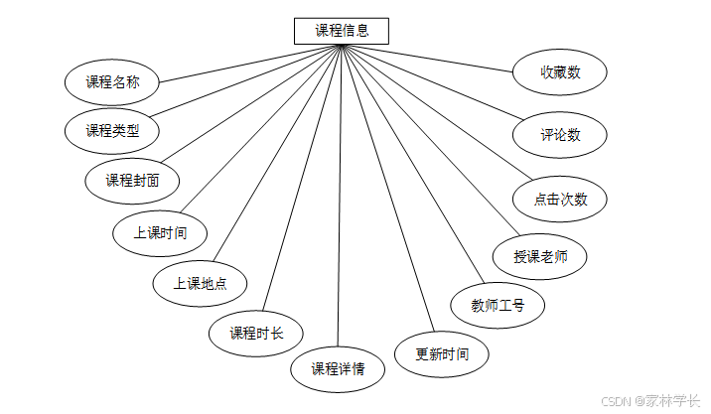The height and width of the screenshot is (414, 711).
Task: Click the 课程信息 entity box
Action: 342,31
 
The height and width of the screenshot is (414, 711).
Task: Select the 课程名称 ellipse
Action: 112,82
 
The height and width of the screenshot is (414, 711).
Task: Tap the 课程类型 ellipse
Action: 112,130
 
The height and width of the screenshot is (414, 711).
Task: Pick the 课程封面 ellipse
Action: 133,181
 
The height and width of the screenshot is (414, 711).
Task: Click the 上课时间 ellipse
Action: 160,233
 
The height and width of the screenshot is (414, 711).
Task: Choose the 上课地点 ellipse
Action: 200,283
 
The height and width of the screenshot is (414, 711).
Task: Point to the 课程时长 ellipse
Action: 256,333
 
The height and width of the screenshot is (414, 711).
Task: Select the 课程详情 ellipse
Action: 338,369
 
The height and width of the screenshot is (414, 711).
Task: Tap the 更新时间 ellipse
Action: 442,353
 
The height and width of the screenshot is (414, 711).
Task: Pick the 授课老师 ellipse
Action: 540,256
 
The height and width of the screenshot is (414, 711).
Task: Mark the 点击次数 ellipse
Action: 560,199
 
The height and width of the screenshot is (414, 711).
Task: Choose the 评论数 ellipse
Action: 560,134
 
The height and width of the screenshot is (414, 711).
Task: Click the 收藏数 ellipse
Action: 560,72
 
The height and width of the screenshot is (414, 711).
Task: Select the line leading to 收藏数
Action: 437,58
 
